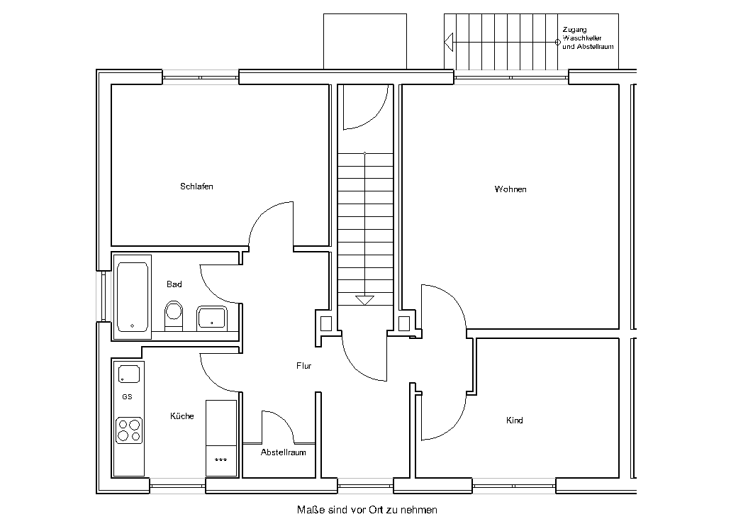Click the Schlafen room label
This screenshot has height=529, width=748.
196,186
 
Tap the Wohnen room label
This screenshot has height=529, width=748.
510,189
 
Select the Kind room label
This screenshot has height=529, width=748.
514,421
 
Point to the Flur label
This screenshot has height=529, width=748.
304,366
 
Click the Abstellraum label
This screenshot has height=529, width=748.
284,452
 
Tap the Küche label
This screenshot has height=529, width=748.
182,416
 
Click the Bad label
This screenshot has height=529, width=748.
174,284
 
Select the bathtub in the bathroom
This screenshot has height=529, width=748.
132,296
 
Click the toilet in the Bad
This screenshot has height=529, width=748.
174,316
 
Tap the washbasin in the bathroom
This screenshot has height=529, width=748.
212,318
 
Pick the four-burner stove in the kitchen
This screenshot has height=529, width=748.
129,430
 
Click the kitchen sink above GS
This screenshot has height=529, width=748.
129,374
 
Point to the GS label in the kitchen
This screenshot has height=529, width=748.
127,397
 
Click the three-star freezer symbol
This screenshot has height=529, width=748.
221,460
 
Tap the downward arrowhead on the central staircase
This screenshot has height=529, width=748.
365,301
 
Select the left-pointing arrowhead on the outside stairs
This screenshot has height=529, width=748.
448,42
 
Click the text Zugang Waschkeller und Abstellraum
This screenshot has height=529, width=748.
588,38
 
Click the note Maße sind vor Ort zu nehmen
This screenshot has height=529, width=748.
367,510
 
